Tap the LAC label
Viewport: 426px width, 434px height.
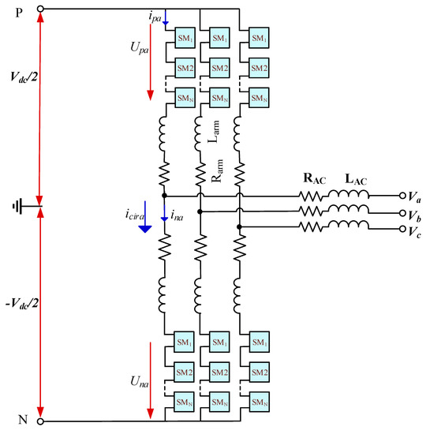coord(356,179)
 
